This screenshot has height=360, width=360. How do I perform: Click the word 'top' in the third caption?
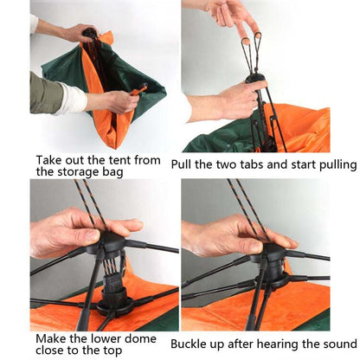coord(112,351)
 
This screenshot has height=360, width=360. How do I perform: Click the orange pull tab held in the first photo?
coord(139,89)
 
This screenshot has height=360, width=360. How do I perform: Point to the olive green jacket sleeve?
coord(46,93)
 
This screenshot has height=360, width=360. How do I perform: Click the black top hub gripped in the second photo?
coord(254,78)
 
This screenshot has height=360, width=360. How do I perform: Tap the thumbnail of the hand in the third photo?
coord(93,235)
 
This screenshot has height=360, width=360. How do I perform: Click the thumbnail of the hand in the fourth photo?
coord(256,246)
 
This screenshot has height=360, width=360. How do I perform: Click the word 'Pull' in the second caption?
coord(181,164)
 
